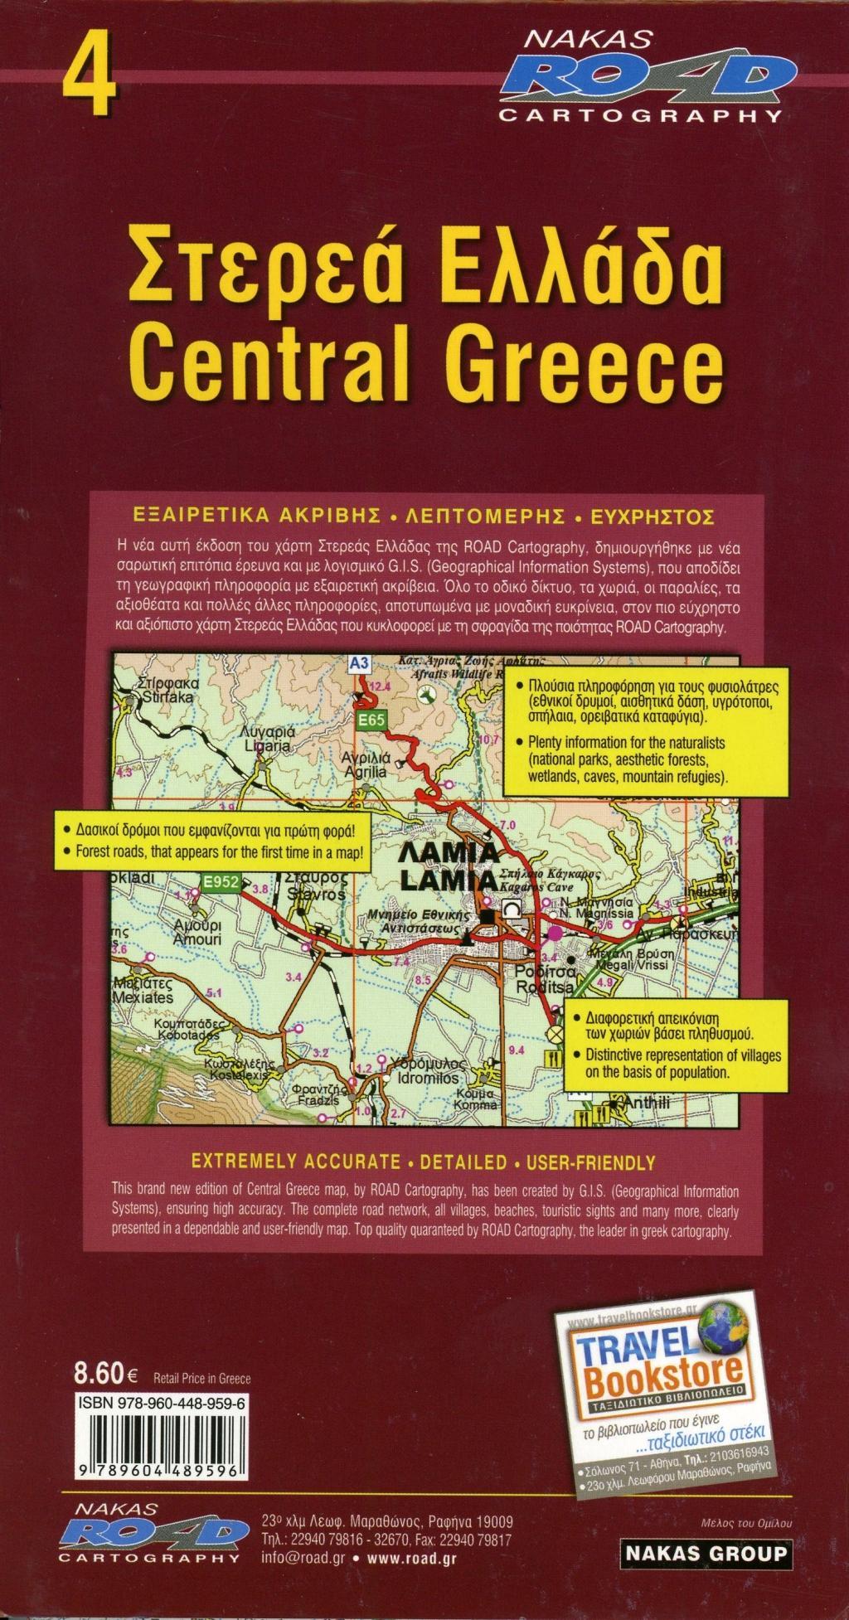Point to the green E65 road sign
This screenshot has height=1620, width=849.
coord(371,721)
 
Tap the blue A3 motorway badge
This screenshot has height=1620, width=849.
coord(358,662)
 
